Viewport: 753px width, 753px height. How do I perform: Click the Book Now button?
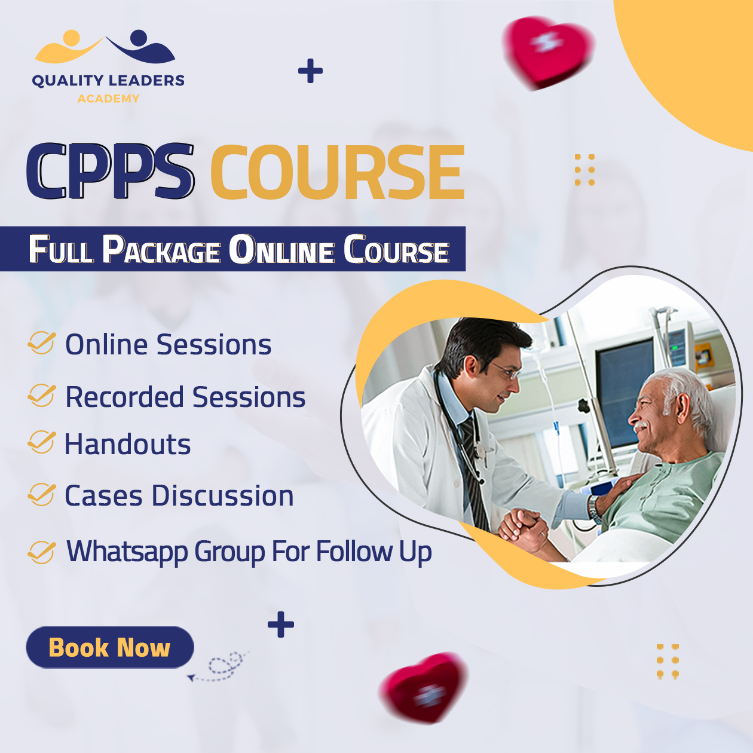(110, 647)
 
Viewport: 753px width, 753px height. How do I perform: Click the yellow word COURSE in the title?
(338, 172)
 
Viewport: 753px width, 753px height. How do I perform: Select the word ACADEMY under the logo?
(108, 99)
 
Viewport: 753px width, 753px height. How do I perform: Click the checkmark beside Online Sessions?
(41, 342)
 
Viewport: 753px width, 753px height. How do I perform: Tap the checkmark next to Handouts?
(41, 442)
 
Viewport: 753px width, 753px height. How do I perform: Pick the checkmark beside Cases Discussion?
(41, 494)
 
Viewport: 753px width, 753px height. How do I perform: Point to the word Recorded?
(124, 397)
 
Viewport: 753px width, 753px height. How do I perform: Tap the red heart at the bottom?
(424, 687)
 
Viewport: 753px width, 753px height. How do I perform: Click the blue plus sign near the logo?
(310, 71)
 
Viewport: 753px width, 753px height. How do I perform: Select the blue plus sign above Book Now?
(280, 625)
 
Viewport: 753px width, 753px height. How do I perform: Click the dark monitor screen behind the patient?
(625, 393)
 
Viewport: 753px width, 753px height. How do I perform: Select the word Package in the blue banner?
(161, 250)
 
